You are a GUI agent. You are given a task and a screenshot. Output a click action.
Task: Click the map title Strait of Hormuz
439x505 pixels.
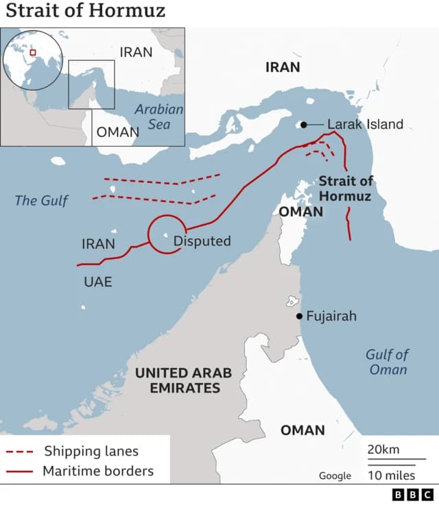pos(86,12)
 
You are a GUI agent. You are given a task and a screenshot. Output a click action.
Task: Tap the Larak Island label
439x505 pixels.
pos(365,125)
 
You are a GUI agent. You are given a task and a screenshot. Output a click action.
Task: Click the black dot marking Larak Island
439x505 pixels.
pos(302,125)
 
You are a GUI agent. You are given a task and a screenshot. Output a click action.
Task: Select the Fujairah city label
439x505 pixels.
pos(331,317)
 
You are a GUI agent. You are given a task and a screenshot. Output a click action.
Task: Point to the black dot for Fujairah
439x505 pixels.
pos(299,316)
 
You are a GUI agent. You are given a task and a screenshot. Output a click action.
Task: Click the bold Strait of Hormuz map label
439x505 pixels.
pos(346,188)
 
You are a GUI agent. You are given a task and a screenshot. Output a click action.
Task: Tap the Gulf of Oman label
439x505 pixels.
pos(387,362)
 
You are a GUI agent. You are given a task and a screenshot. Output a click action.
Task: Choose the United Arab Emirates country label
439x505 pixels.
pos(183,380)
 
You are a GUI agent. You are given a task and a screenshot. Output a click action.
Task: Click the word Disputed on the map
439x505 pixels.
pos(202,241)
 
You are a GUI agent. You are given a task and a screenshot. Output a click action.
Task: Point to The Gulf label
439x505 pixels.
pos(41,201)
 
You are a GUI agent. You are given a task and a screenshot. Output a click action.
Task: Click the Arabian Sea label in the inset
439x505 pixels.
pos(159,116)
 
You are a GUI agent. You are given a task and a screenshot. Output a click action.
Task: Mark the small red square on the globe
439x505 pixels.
pos(32,53)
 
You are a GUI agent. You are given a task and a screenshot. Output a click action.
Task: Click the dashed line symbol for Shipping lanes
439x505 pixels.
pos(20,452)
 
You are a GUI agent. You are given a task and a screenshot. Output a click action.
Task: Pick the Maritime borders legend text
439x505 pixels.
pos(98,471)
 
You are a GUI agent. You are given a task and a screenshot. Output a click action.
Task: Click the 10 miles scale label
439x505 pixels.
pos(390,476)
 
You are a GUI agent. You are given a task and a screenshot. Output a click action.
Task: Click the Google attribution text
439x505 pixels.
pos(335,476)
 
